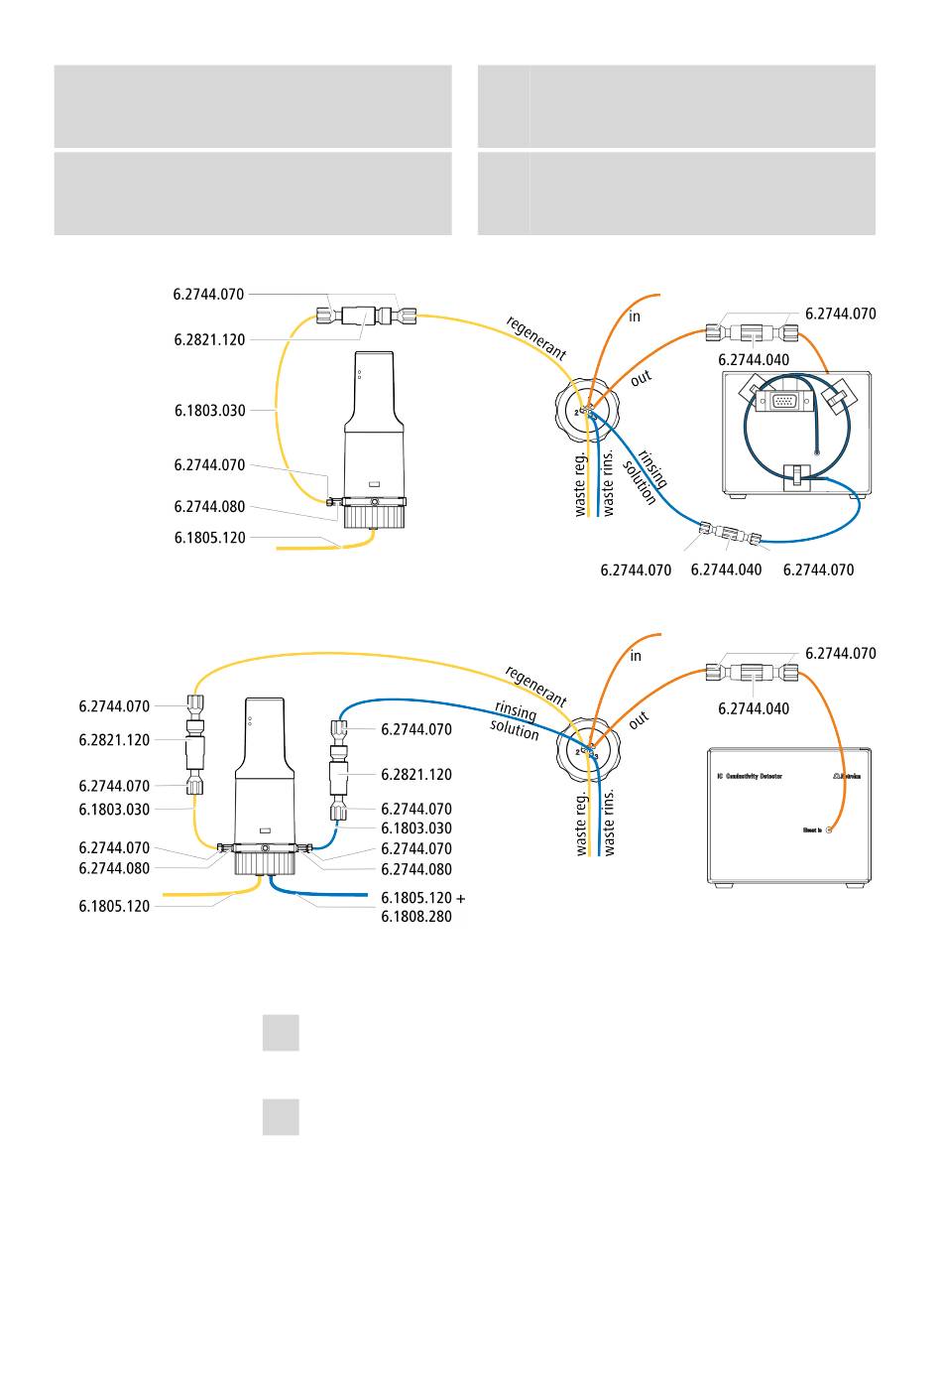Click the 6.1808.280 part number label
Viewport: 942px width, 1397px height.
coord(415,917)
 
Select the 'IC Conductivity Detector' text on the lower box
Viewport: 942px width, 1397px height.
coord(750,775)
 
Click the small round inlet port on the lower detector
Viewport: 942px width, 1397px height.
coord(829,829)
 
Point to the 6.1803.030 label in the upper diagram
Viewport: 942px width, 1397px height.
coord(209,410)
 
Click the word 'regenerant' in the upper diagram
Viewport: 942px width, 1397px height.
coord(536,337)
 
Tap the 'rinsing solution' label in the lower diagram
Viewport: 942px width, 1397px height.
coord(515,722)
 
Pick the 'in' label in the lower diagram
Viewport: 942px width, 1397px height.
coord(636,656)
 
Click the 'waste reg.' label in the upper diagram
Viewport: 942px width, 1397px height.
coord(581,484)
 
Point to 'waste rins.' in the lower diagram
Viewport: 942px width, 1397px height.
coord(609,823)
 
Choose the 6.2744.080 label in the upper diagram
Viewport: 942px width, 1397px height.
coord(209,506)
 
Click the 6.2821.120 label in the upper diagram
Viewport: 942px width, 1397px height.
coord(209,339)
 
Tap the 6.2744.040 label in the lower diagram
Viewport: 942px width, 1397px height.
coord(754,708)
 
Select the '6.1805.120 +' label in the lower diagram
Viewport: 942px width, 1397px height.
coord(422,897)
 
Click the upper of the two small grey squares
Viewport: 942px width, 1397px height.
coord(281,1033)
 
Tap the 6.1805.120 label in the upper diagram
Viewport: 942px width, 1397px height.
coord(209,538)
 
